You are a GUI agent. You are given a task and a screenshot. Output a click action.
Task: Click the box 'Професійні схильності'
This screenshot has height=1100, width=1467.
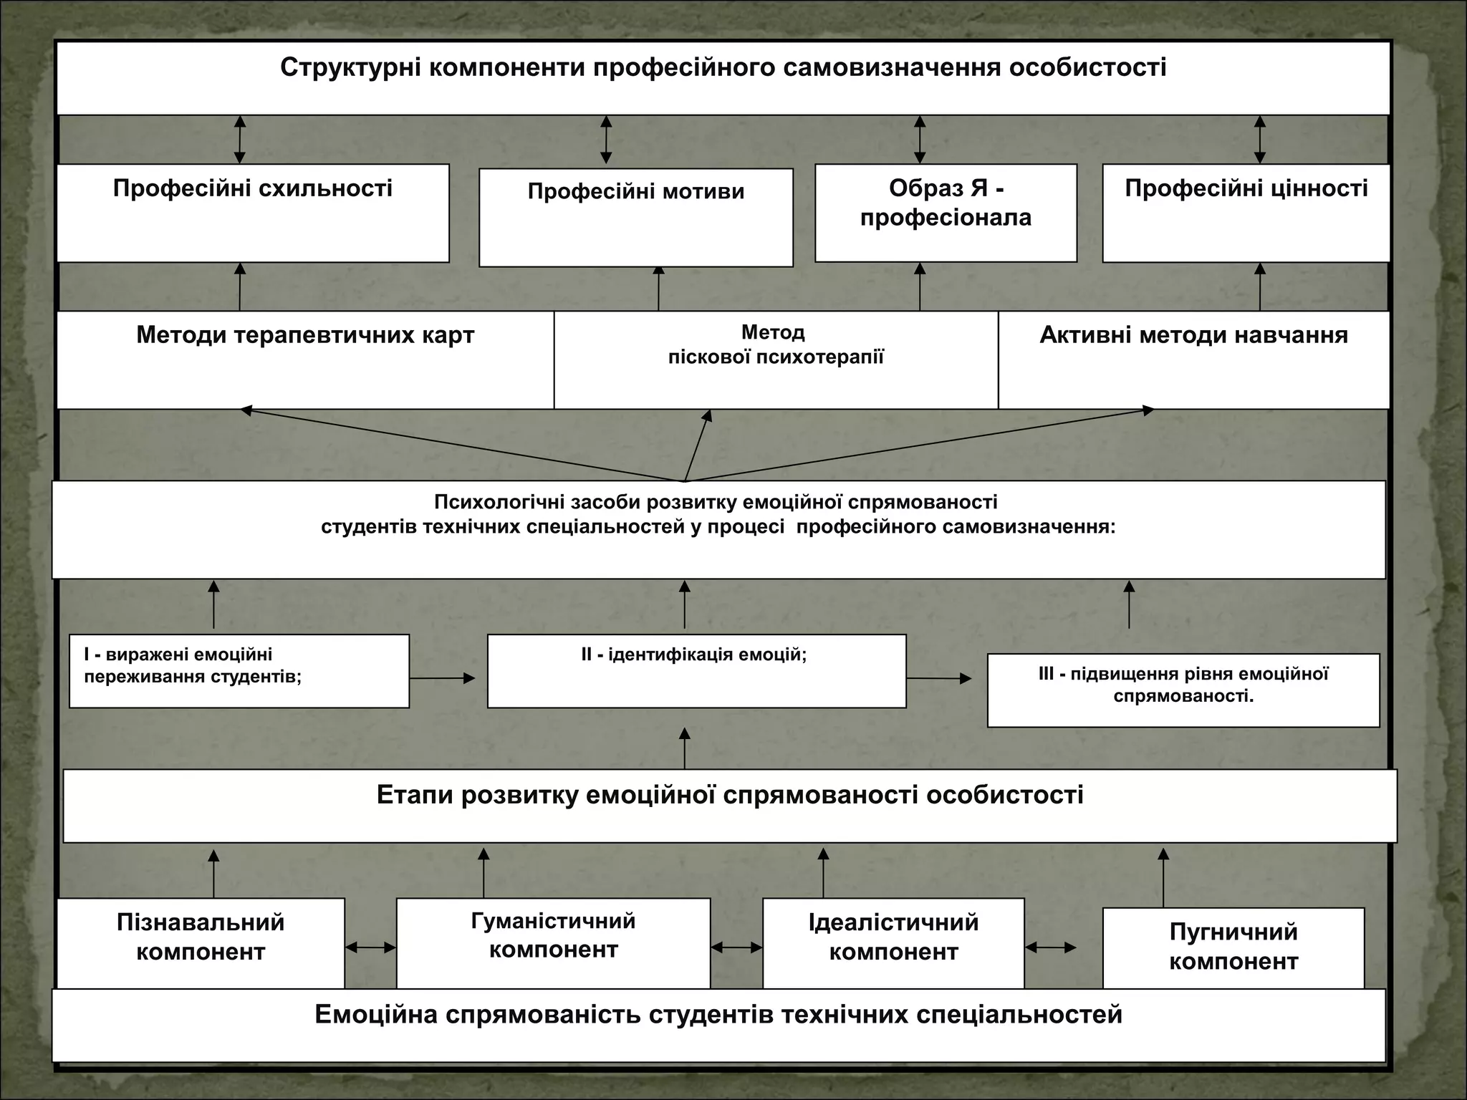253,213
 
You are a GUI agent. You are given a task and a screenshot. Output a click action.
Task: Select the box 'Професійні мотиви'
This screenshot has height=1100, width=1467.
635,217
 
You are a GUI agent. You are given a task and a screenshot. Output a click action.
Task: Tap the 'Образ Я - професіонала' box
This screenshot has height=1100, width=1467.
946,213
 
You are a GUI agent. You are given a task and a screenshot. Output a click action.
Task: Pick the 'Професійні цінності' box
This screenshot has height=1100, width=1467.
1246,213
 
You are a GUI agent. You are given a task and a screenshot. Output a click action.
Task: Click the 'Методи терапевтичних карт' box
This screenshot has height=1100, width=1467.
305,360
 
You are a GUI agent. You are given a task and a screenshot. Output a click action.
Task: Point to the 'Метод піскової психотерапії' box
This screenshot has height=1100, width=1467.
776,360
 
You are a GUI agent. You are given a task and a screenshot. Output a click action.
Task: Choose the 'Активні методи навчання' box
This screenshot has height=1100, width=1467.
1193,360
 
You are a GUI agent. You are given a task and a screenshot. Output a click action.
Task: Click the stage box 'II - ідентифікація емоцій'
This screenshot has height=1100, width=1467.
696,671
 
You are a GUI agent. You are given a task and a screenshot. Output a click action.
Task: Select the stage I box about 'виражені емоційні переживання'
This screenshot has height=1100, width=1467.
239,671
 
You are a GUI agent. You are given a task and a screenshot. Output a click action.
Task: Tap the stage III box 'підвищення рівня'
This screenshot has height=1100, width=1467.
1183,690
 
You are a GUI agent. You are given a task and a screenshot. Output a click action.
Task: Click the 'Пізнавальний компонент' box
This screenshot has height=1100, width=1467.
201,942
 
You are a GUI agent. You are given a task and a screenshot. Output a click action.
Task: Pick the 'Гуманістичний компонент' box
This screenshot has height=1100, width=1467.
553,942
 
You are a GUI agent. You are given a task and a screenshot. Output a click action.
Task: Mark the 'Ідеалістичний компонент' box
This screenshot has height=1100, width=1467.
893,942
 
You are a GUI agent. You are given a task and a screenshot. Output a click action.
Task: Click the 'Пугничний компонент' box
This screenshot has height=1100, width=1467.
1233,948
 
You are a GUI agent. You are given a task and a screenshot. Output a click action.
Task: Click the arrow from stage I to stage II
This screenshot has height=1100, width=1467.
443,678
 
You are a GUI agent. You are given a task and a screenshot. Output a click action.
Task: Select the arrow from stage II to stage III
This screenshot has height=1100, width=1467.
939,678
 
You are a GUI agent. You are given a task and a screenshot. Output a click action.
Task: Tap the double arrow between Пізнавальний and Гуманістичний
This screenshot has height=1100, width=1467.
370,947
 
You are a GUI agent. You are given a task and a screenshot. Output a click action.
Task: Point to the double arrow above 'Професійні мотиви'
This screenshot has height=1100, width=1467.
606,140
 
